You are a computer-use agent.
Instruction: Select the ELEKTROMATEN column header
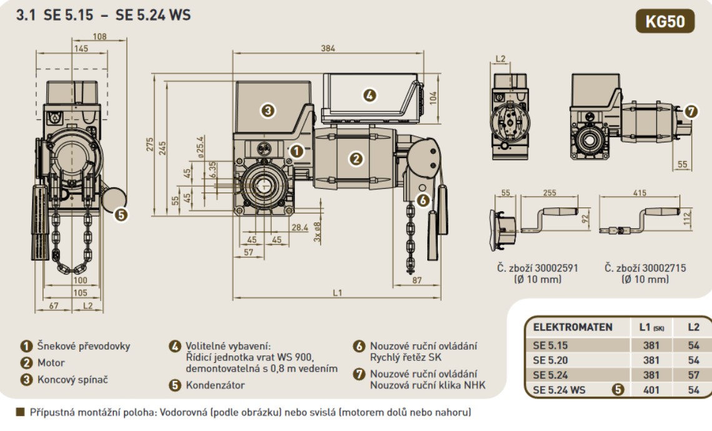tap(572, 327)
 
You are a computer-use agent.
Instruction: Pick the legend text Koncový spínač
tap(71, 379)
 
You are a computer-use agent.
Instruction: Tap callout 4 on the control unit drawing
tap(370, 95)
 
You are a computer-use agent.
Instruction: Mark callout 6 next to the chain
tap(423, 200)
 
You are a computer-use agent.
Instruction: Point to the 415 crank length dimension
tap(640, 193)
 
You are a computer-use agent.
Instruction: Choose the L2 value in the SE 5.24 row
tap(693, 375)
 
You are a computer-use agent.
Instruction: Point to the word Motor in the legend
tap(51, 362)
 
